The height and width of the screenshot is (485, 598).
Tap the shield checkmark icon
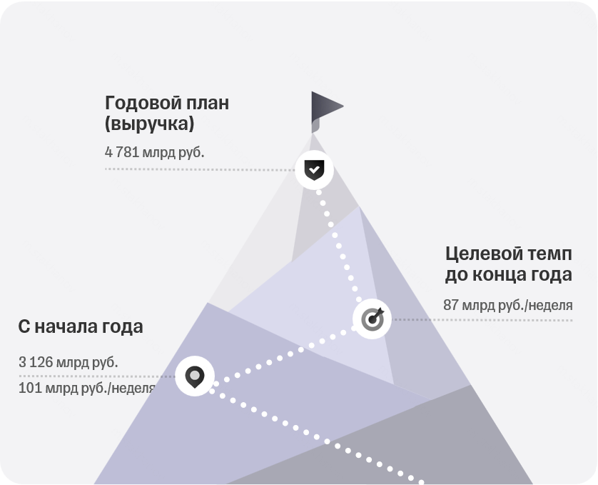[x=314, y=170]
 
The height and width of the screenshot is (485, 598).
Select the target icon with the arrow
[x=373, y=319]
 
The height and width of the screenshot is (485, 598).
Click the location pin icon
[x=195, y=377]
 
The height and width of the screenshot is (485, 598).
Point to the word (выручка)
[x=150, y=124]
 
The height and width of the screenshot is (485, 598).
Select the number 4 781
[x=121, y=152]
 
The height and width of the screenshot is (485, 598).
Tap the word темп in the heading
[x=549, y=254]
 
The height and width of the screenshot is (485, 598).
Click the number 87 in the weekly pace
[x=450, y=305]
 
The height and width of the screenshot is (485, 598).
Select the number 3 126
[x=36, y=362]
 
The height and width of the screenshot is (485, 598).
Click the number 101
[x=30, y=388]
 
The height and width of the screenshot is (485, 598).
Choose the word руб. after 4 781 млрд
[x=191, y=152]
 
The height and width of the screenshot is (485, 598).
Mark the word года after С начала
[x=123, y=328]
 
